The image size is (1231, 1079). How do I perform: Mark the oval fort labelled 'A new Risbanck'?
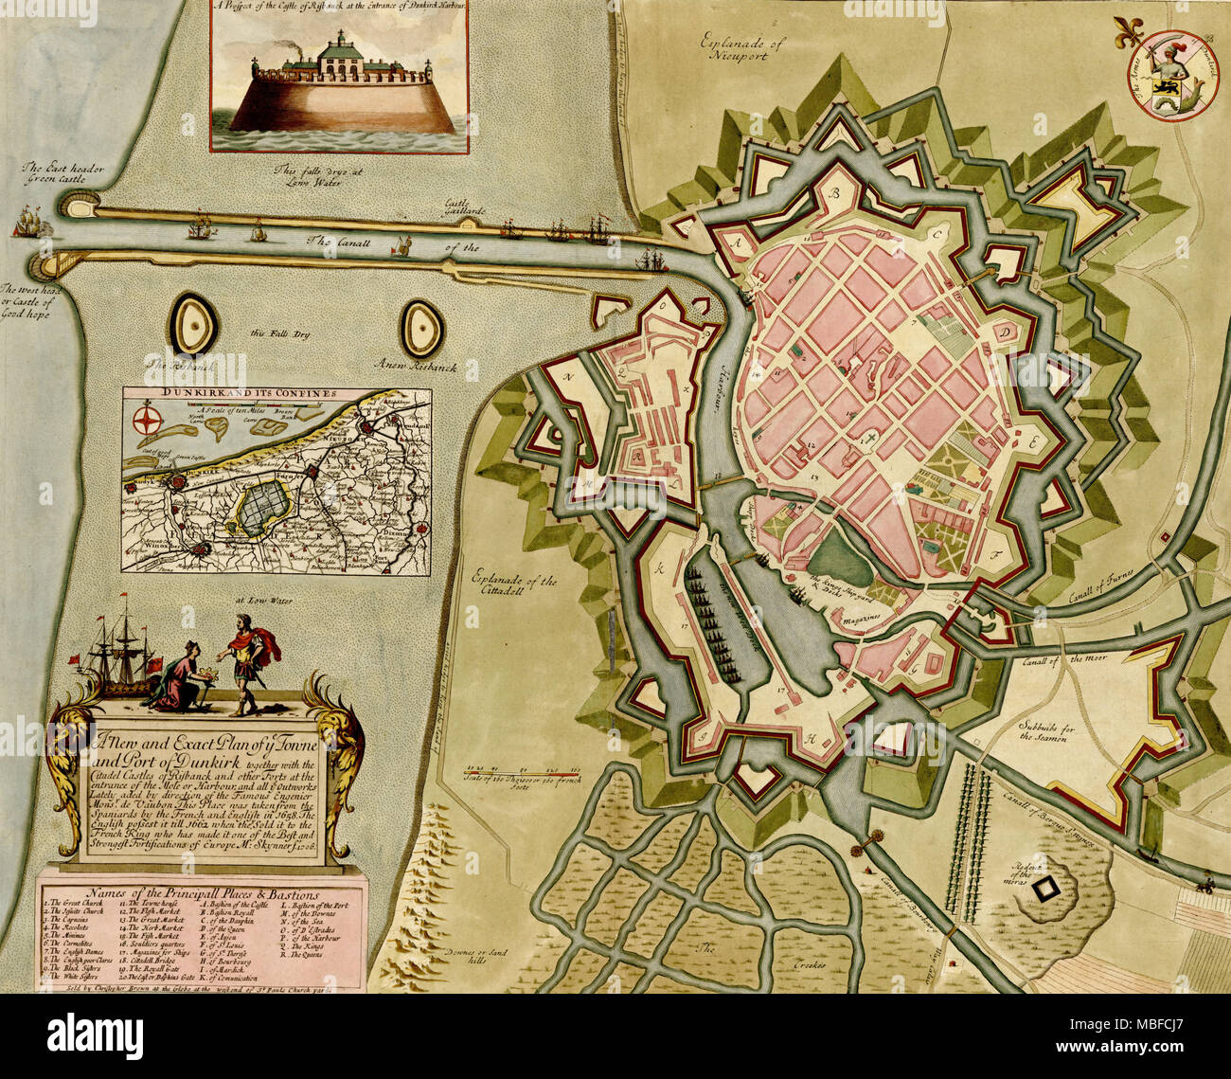tap(422, 328)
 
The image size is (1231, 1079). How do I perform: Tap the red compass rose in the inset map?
tap(146, 418)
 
